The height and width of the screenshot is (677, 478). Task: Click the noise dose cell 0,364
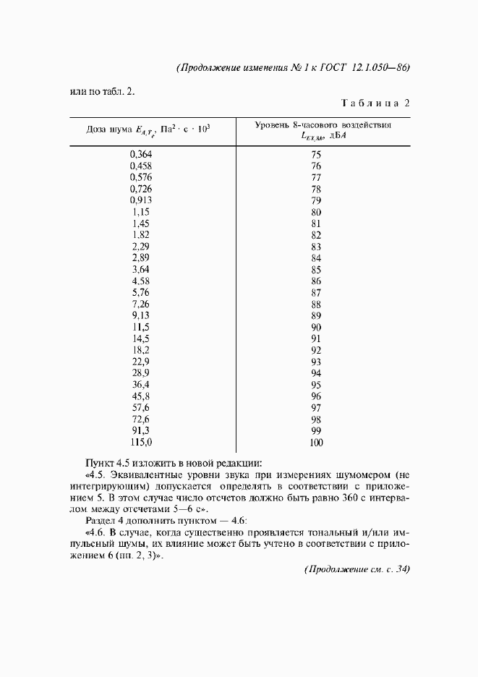point(141,154)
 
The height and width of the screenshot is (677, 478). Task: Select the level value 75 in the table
point(315,154)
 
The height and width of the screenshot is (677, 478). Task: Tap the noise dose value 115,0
point(141,443)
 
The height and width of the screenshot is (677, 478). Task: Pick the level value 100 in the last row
point(315,443)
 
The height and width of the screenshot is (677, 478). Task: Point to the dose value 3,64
point(141,270)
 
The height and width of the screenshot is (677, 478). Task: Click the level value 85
point(315,270)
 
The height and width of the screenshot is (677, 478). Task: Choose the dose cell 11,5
point(141,327)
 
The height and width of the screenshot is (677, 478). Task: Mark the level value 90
point(315,327)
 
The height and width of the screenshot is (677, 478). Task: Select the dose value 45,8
point(141,396)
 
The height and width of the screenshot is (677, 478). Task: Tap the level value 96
point(315,396)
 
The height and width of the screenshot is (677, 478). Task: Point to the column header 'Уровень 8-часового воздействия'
point(323,124)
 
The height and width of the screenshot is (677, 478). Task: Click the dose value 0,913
point(141,200)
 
